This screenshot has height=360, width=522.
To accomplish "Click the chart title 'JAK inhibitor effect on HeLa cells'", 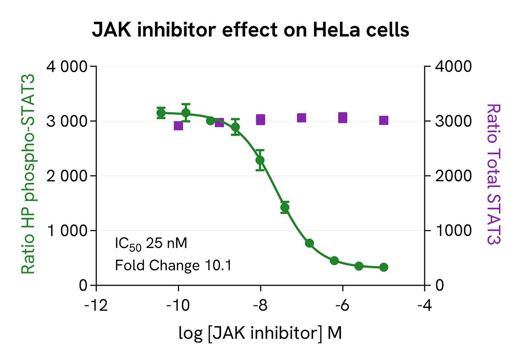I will (x=250, y=30).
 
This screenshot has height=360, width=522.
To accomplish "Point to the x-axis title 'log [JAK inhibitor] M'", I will (x=260, y=333).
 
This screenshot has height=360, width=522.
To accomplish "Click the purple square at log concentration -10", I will (x=178, y=126).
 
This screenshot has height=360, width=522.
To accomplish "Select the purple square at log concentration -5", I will (x=384, y=120).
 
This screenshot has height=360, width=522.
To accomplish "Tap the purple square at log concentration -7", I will (x=302, y=118).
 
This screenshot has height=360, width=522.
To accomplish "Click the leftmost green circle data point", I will (x=161, y=113).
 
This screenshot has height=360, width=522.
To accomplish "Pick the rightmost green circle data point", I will (x=384, y=267).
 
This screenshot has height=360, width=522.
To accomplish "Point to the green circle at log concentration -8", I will (x=260, y=160).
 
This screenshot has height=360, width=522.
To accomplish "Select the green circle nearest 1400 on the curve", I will (x=285, y=208).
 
